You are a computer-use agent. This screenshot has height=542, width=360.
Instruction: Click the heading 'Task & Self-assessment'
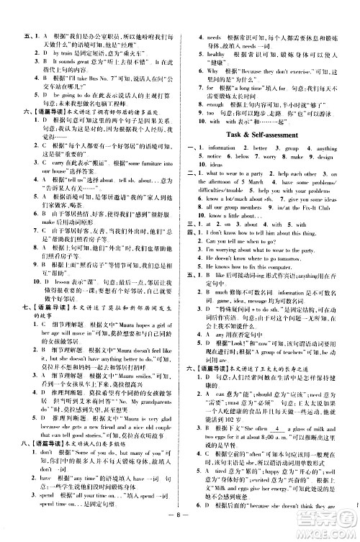[266, 136]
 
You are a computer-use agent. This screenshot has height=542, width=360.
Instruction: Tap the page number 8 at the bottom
[179, 526]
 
